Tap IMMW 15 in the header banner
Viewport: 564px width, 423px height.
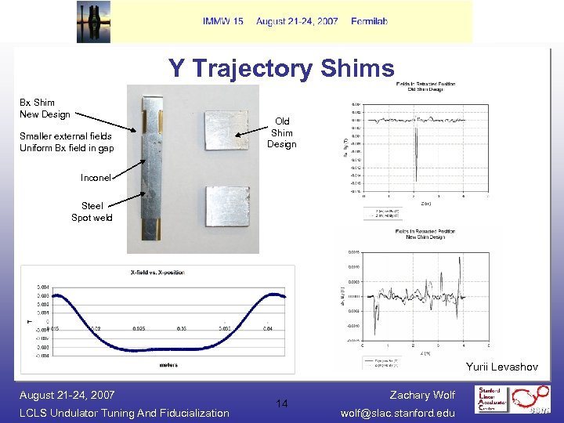pyautogui.click(x=222, y=21)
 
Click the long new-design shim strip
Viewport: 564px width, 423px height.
pyautogui.click(x=153, y=169)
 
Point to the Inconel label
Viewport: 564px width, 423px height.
pyautogui.click(x=96, y=178)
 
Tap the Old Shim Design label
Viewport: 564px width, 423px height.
pyautogui.click(x=281, y=132)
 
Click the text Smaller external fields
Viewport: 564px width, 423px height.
pyautogui.click(x=65, y=136)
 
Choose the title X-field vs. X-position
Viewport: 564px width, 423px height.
pyautogui.click(x=158, y=273)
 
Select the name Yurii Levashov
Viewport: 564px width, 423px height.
pyautogui.click(x=501, y=367)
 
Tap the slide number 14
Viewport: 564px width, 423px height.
pyautogui.click(x=282, y=403)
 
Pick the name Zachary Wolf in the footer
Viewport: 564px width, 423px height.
pyautogui.click(x=421, y=395)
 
